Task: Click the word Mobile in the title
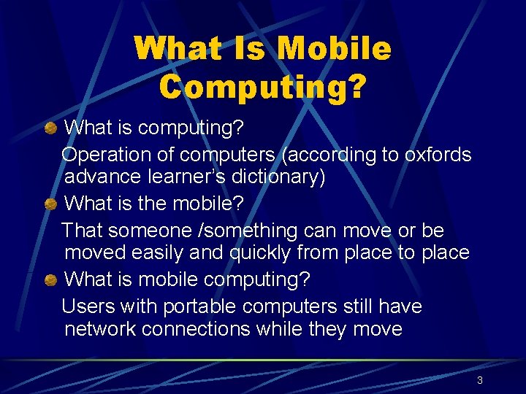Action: point(335,50)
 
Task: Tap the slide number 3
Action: point(479,380)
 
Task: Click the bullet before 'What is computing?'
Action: point(50,128)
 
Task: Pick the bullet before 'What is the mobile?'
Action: point(50,204)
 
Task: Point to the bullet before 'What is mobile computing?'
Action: point(50,280)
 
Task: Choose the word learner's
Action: point(179,177)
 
